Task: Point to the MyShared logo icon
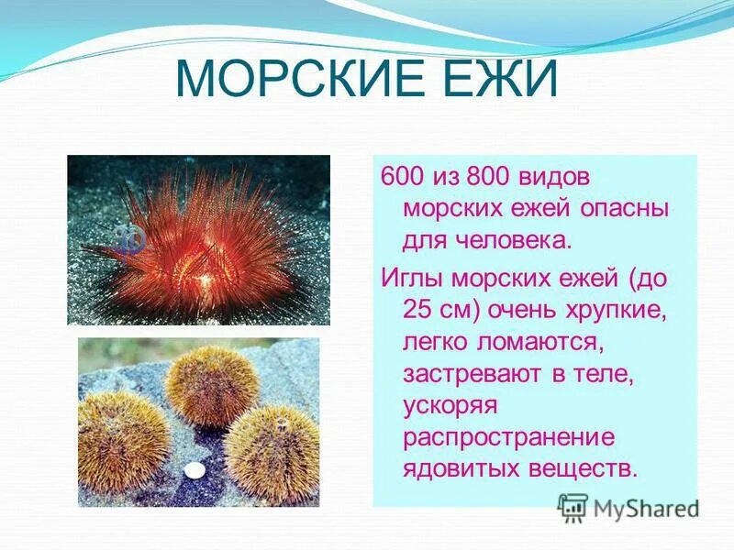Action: pos(573,507)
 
